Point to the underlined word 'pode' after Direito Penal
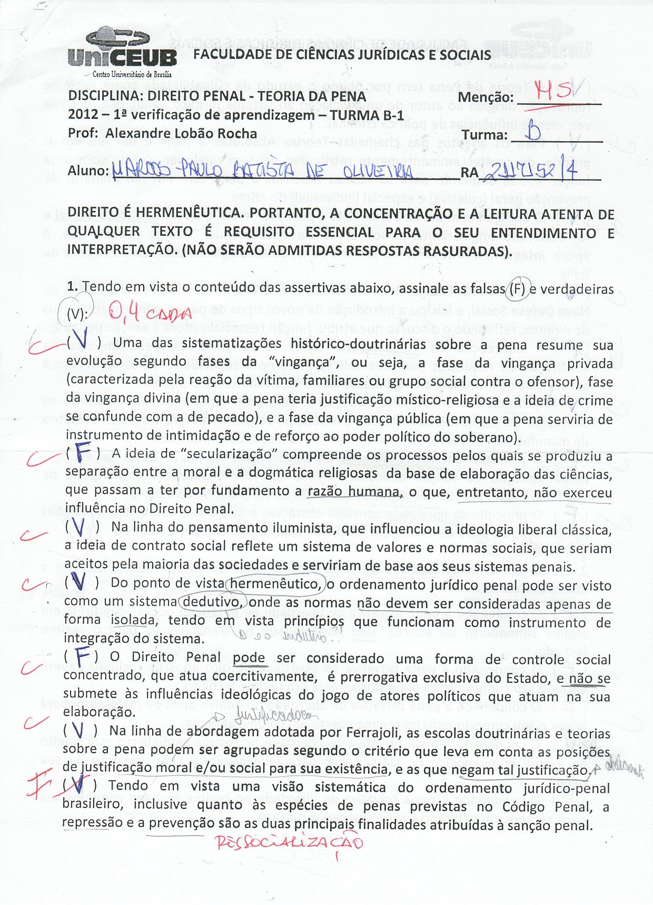249,660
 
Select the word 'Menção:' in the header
486,98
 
